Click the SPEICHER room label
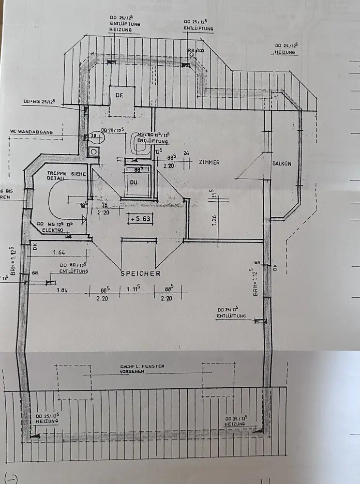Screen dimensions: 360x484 pos(140,274)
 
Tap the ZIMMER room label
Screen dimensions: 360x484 pos(209,163)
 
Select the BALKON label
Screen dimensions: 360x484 pos(282,164)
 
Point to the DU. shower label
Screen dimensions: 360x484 pos(134,182)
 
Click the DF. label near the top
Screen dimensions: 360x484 pos(119,96)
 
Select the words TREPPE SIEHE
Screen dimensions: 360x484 pos(66,173)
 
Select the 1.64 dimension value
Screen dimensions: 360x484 pos(59,252)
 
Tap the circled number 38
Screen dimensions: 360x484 pos(94,137)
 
